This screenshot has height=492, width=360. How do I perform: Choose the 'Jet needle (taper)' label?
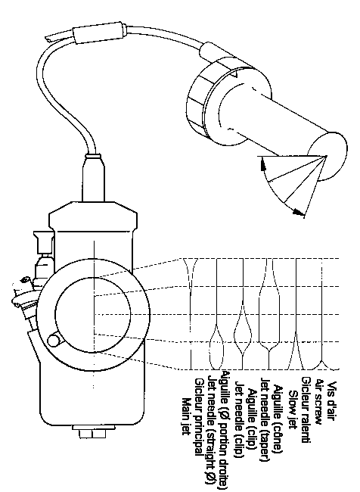point(265,419)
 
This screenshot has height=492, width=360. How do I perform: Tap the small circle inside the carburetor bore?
point(54,340)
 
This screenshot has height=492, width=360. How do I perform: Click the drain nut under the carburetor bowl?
point(92,433)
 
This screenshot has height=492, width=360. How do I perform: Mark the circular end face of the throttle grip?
point(327,157)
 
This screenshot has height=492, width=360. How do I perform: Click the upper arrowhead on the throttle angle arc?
point(263,165)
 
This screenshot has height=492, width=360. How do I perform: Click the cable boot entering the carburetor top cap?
point(94,177)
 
